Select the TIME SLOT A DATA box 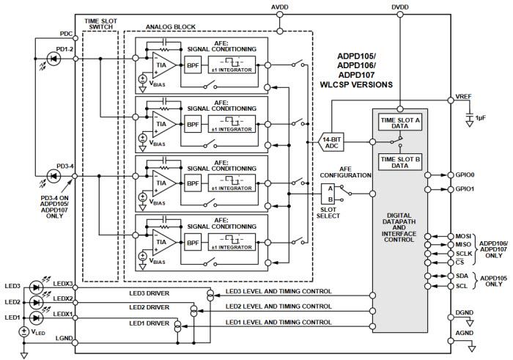(x=399, y=123)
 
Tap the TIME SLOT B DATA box (x=399, y=163)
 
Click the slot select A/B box (x=328, y=194)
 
